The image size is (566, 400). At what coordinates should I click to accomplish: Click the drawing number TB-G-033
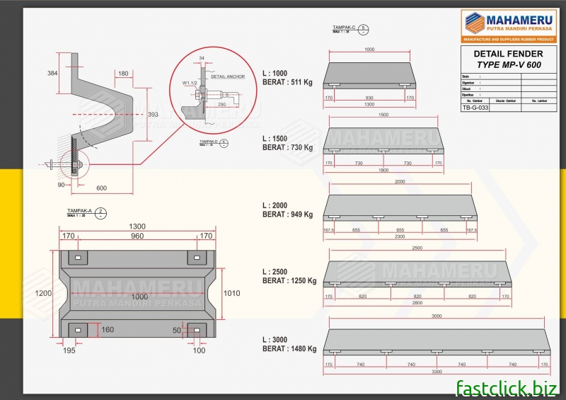click(475, 108)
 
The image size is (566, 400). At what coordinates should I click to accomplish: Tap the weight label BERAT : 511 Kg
click(287, 82)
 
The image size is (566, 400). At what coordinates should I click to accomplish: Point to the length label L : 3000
click(276, 339)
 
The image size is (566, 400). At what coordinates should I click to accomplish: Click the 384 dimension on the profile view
click(52, 73)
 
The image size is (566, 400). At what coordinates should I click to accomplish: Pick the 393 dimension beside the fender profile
click(153, 114)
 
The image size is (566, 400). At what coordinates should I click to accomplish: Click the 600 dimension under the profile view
click(102, 188)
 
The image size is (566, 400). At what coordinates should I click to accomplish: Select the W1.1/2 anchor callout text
click(190, 83)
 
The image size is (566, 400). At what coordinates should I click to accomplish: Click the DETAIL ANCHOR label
click(228, 76)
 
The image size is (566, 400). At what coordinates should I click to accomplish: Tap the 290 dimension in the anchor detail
click(221, 104)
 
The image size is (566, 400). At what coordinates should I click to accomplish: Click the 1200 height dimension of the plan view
click(44, 292)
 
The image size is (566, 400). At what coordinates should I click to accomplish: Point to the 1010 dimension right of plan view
click(231, 293)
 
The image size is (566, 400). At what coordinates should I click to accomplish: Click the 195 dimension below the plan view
click(69, 350)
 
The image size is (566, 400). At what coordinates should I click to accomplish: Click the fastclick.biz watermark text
click(506, 387)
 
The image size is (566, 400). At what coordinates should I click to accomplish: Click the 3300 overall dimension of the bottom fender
click(436, 371)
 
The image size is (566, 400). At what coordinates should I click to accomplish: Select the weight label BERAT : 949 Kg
click(287, 215)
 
